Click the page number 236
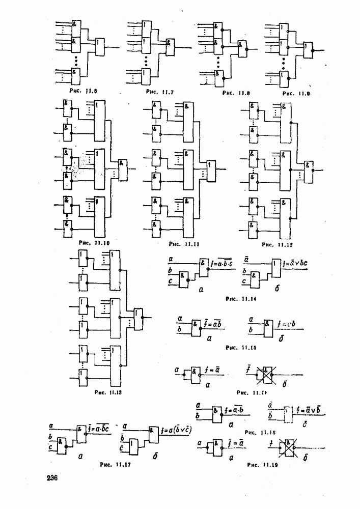(52, 478)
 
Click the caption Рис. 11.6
(84, 91)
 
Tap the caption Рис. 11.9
(296, 94)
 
